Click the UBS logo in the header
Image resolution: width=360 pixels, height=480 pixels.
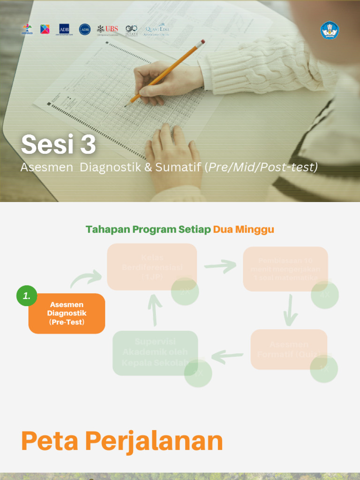click(x=107, y=29)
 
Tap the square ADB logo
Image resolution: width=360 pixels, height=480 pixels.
click(x=64, y=29)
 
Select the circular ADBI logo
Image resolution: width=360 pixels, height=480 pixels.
click(x=85, y=29)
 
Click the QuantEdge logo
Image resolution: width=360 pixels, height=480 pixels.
click(x=157, y=29)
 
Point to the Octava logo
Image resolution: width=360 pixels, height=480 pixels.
click(x=132, y=30)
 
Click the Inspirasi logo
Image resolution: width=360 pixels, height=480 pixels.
click(x=27, y=29)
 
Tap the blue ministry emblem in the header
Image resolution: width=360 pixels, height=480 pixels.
click(x=330, y=30)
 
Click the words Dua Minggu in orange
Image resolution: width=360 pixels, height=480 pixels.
click(x=243, y=229)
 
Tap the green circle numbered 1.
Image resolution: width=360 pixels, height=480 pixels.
click(x=27, y=296)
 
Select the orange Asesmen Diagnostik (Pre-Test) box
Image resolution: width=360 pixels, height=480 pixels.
click(x=67, y=314)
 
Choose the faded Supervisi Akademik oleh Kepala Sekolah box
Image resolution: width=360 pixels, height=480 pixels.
click(x=155, y=352)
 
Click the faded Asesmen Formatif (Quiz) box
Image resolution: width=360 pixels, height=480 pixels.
click(x=289, y=349)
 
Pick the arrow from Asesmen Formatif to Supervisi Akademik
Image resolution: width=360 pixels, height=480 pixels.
click(x=227, y=357)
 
